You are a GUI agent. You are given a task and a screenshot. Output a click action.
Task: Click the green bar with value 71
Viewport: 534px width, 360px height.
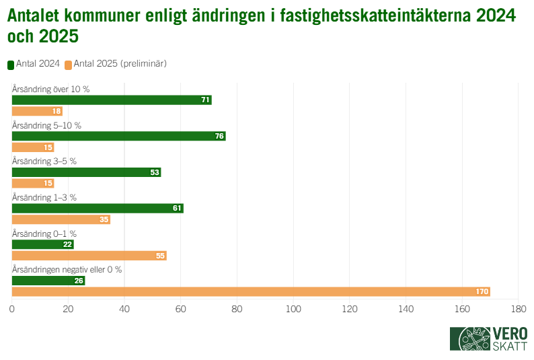(x=112, y=100)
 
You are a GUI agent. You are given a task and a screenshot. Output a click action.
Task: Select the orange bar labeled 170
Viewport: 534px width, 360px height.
(x=251, y=291)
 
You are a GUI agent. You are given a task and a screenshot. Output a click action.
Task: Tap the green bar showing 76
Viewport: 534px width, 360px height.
(x=118, y=136)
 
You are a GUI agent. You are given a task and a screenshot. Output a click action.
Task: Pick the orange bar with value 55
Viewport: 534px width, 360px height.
(x=89, y=256)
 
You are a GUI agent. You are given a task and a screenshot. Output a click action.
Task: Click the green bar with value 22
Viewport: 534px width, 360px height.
(x=42, y=244)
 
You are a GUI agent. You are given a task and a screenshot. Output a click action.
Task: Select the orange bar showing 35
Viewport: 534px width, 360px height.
(x=61, y=219)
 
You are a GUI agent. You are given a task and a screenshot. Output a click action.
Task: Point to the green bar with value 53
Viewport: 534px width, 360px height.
(x=86, y=172)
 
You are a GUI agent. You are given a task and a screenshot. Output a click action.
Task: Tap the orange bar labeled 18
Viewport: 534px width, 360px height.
(x=37, y=112)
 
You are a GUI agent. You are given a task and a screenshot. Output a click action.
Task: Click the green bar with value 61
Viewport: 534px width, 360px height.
(x=98, y=208)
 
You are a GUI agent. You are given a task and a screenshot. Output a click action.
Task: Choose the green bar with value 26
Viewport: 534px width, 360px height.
(x=48, y=280)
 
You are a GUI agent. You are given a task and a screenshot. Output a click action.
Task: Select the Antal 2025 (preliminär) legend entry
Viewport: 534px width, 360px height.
(x=116, y=64)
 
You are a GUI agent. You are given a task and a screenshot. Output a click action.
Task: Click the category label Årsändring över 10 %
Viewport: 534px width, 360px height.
(x=51, y=89)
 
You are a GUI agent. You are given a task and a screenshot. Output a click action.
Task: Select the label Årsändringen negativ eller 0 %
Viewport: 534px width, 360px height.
(x=67, y=269)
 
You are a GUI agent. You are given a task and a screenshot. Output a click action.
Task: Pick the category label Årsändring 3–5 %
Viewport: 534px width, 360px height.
(x=45, y=161)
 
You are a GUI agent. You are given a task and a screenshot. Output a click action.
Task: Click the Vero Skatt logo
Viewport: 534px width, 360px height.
(x=489, y=338)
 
